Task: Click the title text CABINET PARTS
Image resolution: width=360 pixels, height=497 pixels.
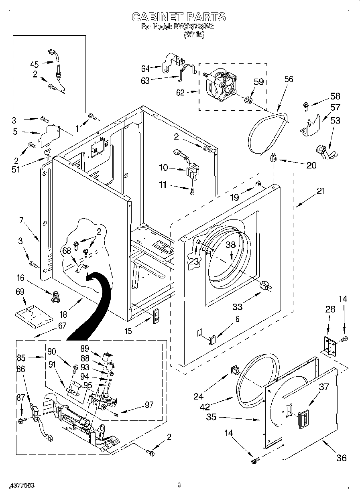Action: click(x=179, y=17)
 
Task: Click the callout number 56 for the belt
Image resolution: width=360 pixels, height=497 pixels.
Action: click(x=289, y=79)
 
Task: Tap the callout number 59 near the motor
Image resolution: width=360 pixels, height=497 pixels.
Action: click(x=259, y=82)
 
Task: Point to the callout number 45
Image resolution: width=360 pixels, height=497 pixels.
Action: click(x=35, y=64)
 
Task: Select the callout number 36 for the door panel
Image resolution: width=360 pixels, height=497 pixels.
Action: click(x=341, y=458)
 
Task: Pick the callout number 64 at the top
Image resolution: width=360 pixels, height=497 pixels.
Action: click(x=145, y=68)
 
